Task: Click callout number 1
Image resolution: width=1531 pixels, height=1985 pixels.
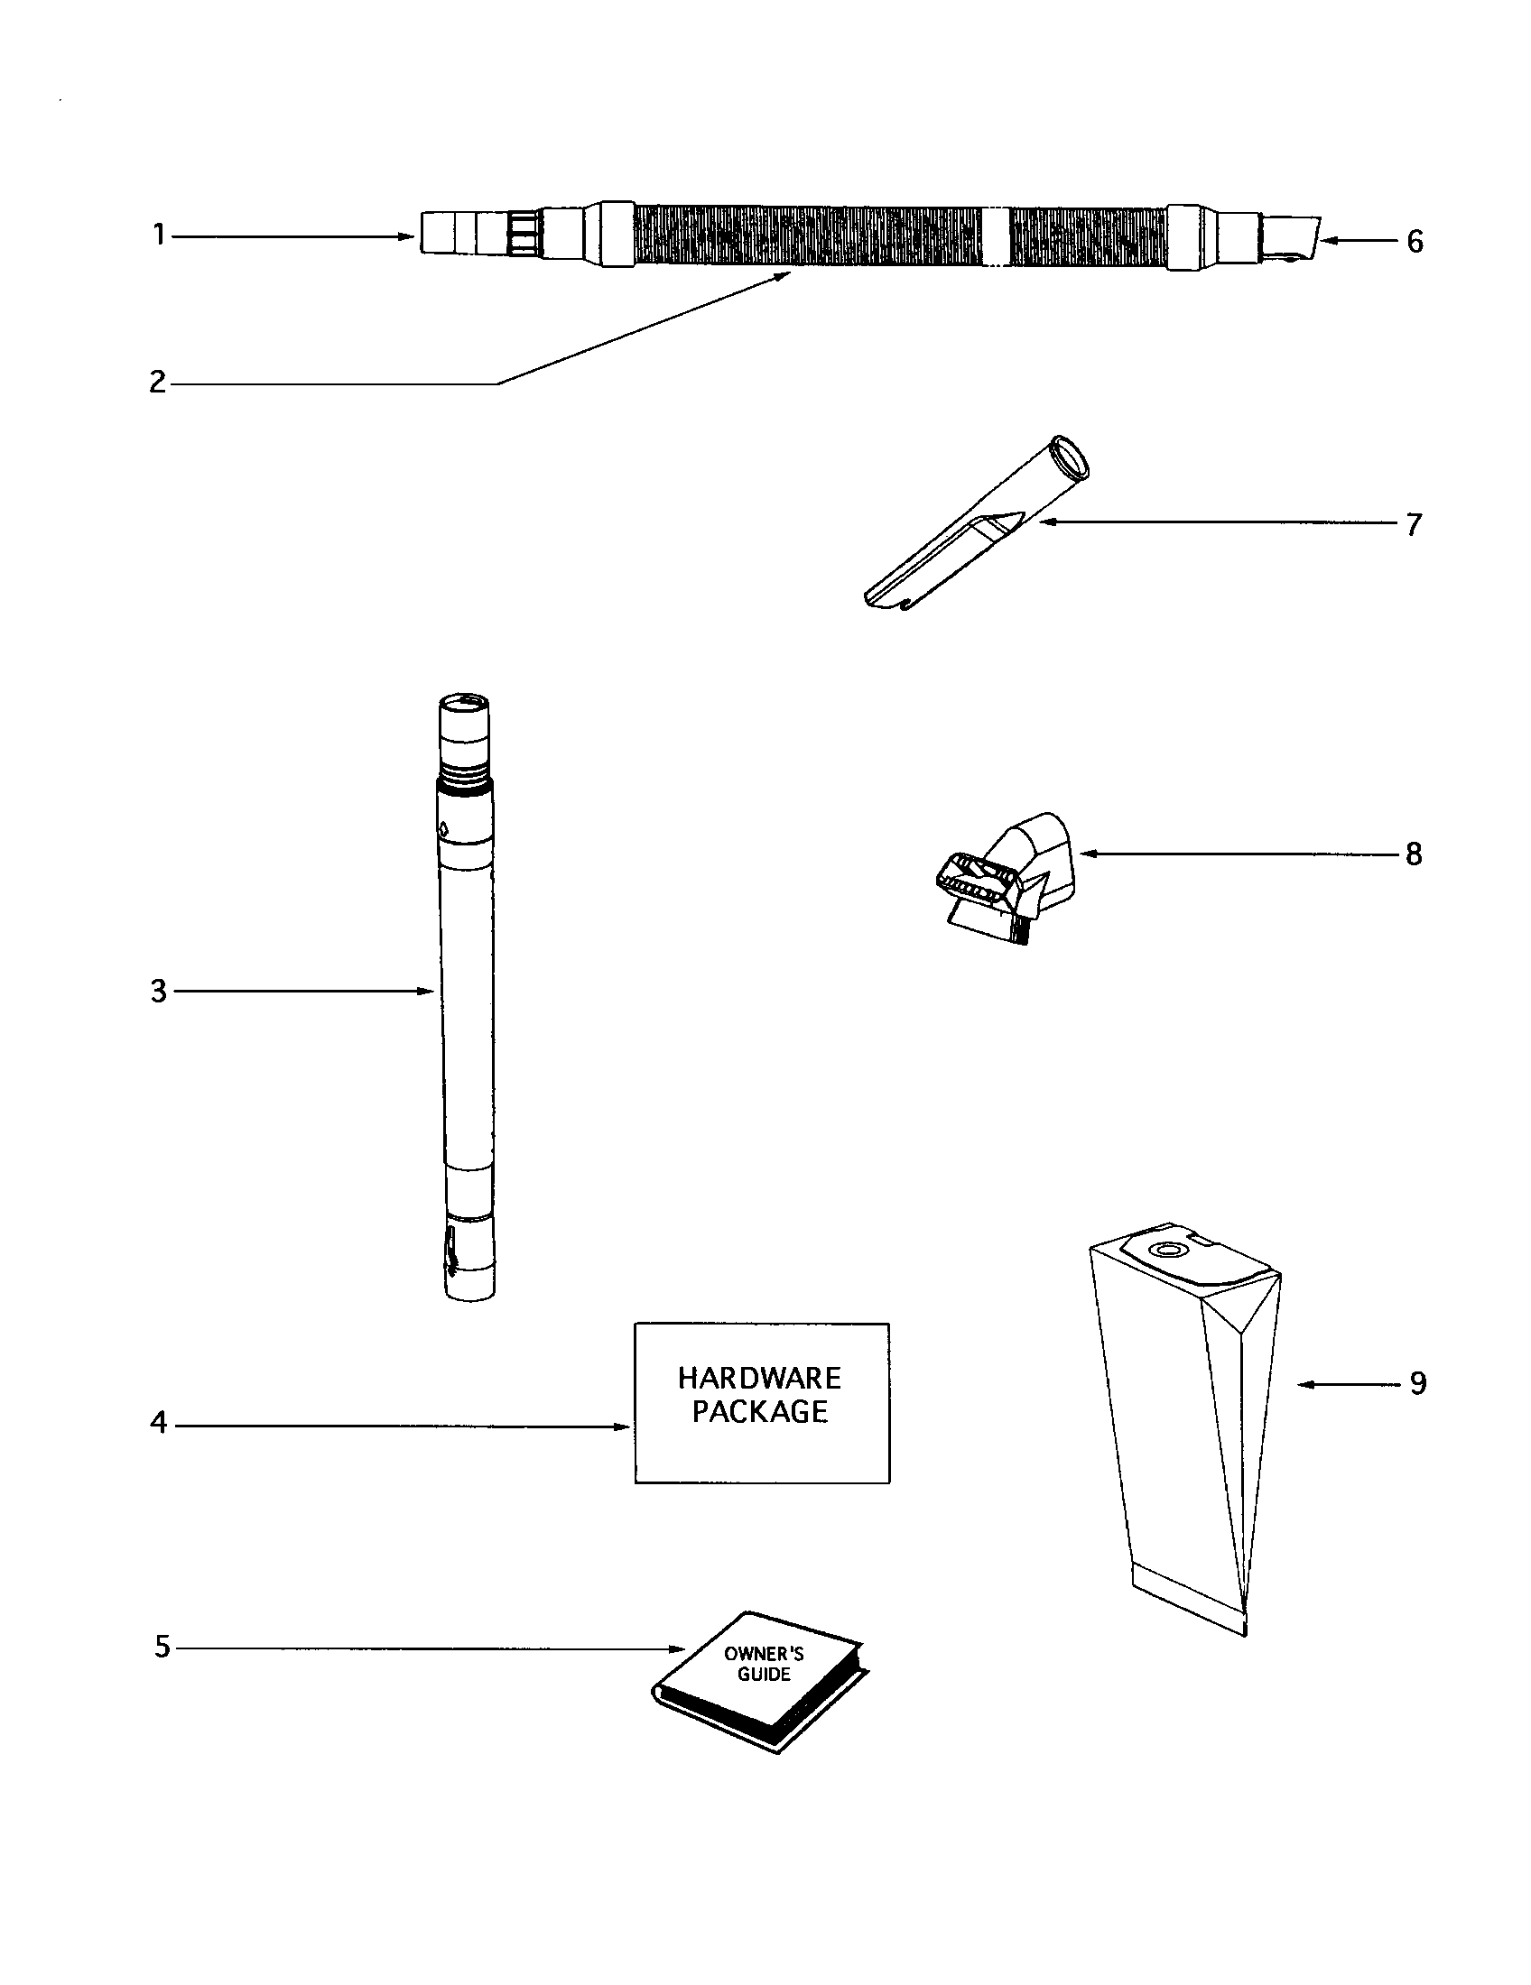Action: tap(159, 235)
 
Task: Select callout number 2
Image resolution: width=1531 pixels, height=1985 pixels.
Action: tap(158, 383)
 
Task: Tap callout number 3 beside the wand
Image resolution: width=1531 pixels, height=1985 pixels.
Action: tap(159, 991)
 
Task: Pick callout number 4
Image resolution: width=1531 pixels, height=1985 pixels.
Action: tap(159, 1423)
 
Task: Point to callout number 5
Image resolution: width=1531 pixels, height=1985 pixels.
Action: tap(162, 1646)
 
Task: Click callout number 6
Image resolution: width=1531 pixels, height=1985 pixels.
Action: tap(1415, 241)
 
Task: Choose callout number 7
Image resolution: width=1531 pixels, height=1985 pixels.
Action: tap(1414, 524)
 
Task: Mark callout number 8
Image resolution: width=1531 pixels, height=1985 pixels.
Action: tap(1414, 854)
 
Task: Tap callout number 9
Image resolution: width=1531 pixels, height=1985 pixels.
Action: tap(1417, 1383)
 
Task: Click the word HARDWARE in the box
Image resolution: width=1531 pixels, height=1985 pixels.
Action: tap(760, 1379)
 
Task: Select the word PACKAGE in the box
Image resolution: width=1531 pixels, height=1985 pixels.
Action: tap(760, 1411)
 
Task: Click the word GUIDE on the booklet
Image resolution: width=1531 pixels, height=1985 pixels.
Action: tap(764, 1674)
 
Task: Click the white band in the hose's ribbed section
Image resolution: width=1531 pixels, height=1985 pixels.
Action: tap(997, 235)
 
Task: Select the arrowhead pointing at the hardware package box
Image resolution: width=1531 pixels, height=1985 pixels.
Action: tap(623, 1426)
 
